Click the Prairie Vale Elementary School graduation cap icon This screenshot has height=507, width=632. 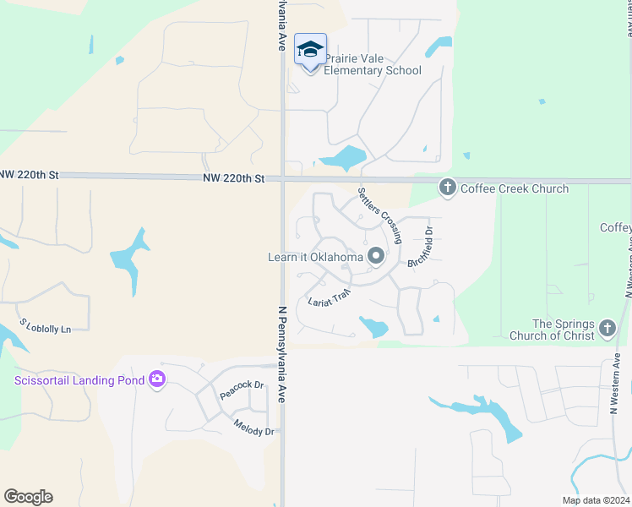coord(310,50)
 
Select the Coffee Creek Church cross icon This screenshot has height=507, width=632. coord(448,188)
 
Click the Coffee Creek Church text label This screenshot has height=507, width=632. coord(515,188)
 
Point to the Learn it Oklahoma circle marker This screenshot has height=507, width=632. coord(376,256)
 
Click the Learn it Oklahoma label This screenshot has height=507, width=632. coord(317,257)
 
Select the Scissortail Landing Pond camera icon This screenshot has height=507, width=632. coord(156,379)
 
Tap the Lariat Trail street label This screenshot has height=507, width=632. coord(329,298)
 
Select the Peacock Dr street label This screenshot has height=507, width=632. coord(242,390)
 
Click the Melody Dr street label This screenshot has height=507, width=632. coord(253,428)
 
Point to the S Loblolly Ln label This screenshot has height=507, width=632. coord(45,326)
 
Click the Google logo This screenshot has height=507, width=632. coord(29,497)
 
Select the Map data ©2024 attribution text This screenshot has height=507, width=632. coord(595,500)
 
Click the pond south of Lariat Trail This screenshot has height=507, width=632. coord(373,326)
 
